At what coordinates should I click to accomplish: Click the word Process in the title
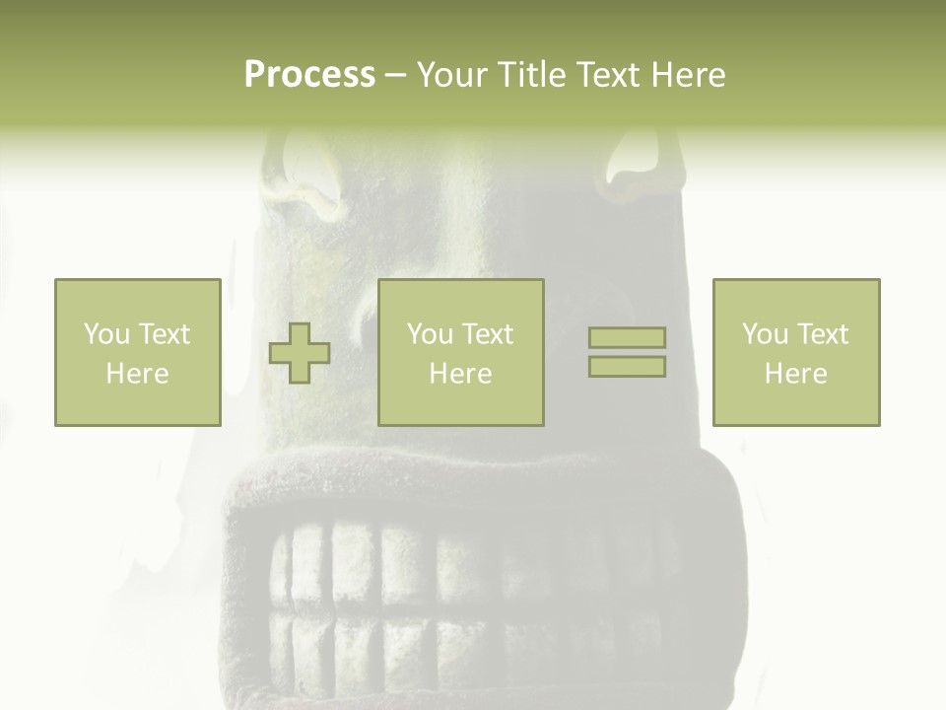pos(309,75)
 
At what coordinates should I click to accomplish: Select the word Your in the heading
pos(450,75)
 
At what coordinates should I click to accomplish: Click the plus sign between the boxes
pos(300,353)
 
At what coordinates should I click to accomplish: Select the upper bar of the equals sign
pos(627,338)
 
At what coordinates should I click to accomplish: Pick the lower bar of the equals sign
pos(627,367)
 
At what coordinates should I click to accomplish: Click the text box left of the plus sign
pos(138,352)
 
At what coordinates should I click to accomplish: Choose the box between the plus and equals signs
pos(461,352)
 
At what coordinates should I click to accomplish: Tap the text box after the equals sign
pos(796,352)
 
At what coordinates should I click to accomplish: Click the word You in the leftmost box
pos(106,334)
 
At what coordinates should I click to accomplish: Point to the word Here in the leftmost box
pos(137,374)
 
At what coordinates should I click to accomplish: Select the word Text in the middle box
pos(488,334)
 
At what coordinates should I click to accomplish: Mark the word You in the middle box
pos(430,334)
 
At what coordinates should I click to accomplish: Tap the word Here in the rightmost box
pos(795,374)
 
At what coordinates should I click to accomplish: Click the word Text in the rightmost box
pos(823,334)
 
